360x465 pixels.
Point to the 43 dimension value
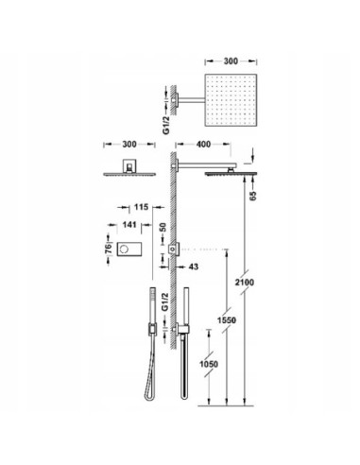194,267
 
